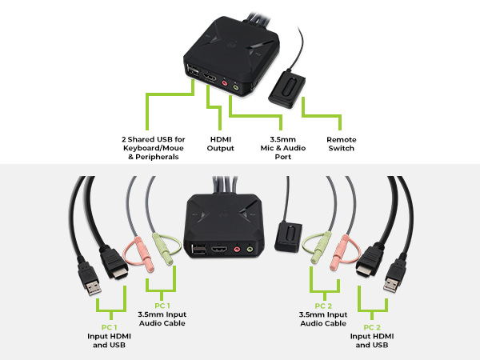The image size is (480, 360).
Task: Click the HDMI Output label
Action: [220, 143]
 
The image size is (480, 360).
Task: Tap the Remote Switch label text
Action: [342, 143]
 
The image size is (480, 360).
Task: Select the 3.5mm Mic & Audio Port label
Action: [280, 148]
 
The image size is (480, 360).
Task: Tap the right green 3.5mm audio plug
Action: [316, 250]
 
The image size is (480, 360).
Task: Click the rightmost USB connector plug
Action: [393, 279]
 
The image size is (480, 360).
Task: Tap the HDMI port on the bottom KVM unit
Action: [219, 250]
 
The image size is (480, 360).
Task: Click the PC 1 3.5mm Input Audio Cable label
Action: [163, 318]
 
